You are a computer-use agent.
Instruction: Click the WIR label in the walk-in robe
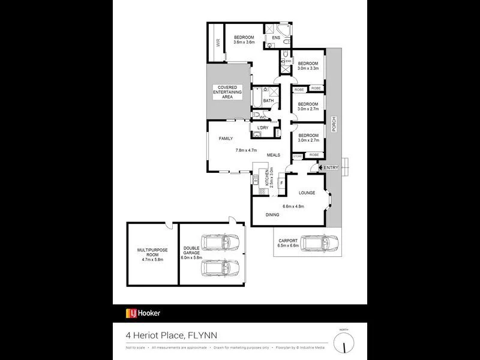click(218, 43)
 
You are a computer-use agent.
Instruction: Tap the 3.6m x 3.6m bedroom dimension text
click(244, 43)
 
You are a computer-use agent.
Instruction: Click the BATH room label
click(268, 101)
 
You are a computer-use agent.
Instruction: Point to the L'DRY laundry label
click(262, 128)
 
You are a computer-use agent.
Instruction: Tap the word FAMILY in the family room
click(226, 139)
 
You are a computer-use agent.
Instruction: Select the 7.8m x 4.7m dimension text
click(246, 150)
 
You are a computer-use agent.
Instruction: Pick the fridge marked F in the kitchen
click(281, 182)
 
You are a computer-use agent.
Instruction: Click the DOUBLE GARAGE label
click(191, 253)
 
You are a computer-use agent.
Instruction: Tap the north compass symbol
click(343, 344)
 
